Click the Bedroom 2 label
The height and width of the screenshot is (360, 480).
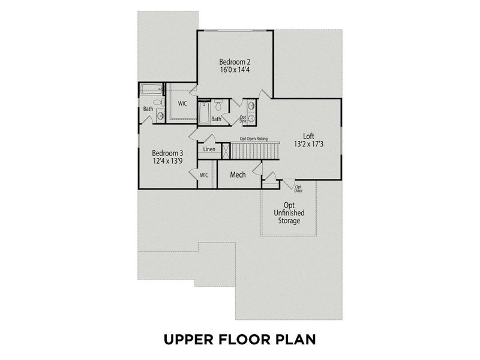235,62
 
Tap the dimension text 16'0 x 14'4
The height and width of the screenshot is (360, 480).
235,70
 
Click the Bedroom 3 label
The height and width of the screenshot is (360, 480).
167,152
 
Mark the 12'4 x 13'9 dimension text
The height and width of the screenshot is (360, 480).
167,161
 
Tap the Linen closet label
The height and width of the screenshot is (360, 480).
209,149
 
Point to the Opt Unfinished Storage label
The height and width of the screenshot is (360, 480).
289,213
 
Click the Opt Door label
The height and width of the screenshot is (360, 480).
298,188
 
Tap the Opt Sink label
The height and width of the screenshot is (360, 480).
243,119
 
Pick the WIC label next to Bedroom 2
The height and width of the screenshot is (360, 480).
182,104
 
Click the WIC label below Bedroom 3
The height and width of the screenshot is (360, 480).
204,175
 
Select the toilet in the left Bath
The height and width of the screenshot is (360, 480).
158,103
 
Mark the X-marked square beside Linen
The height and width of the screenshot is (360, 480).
226,151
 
